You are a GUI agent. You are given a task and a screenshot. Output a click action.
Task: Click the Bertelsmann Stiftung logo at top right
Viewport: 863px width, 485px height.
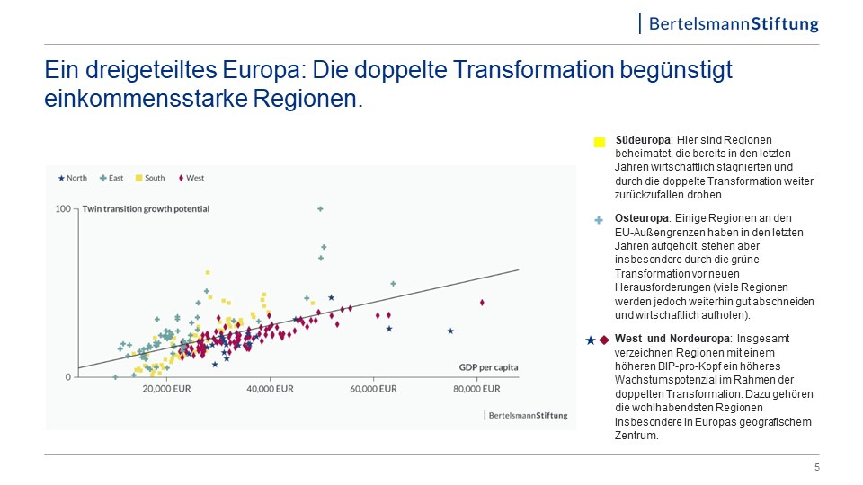(734, 23)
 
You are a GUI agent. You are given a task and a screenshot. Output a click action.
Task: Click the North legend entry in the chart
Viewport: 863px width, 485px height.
(73, 178)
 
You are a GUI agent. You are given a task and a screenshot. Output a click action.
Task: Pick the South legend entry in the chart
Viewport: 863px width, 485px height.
(150, 178)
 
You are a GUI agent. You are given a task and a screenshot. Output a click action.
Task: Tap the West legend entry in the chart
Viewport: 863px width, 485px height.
(191, 178)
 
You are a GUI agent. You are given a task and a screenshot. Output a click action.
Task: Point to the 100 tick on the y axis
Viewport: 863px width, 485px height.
(63, 209)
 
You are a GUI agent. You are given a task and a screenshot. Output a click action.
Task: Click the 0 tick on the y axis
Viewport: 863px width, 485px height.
(67, 377)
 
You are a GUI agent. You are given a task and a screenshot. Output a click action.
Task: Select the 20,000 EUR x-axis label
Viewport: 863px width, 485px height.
(168, 390)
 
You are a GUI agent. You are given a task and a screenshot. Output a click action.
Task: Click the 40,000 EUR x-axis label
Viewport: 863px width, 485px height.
(271, 390)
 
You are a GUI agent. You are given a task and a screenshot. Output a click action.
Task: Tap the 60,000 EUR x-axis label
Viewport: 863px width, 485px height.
(373, 390)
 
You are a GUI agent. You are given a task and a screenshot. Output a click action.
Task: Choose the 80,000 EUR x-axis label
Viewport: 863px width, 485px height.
(476, 390)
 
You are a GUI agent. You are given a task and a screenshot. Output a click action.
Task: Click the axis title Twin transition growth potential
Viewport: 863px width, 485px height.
(146, 209)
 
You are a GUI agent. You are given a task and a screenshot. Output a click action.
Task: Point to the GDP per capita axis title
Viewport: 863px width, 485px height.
(488, 367)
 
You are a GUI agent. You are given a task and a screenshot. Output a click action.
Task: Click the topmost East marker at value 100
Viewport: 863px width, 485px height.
(320, 209)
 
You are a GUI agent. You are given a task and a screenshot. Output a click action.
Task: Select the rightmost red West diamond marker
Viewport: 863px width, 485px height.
(482, 303)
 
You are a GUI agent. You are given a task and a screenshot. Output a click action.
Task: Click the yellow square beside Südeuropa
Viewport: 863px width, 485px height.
(600, 142)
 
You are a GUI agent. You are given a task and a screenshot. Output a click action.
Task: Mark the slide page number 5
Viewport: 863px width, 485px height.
(816, 467)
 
